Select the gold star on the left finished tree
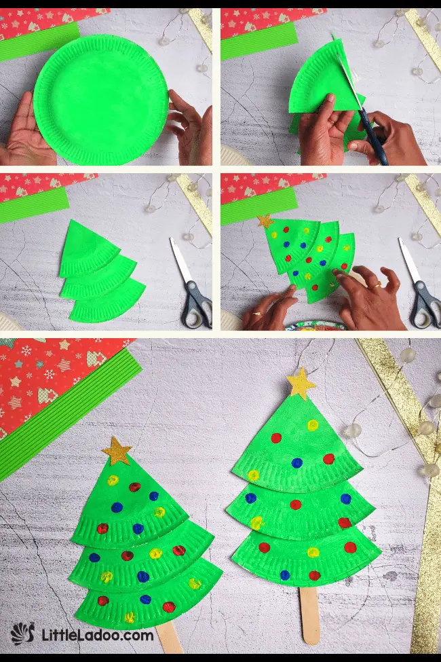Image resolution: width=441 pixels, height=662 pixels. (117, 452)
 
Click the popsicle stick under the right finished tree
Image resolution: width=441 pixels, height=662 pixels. (309, 614)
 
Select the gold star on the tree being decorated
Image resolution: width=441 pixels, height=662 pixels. (264, 222)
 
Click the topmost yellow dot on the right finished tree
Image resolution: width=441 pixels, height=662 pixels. (312, 426)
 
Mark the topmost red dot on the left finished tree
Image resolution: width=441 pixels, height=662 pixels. (135, 487)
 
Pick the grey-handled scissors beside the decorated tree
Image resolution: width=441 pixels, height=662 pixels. (421, 292)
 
